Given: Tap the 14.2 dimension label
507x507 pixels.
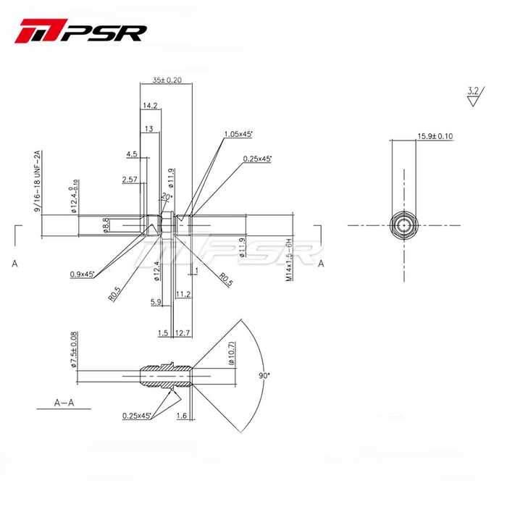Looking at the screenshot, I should tap(151, 106).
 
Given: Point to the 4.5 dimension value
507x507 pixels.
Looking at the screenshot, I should tap(132, 154).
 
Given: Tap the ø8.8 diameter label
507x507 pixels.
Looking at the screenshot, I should tap(106, 225).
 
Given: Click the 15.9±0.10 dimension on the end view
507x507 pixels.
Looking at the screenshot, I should tap(435, 135).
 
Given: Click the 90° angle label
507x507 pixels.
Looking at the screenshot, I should tap(264, 376).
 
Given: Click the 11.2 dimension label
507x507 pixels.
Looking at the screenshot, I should tap(183, 294).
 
